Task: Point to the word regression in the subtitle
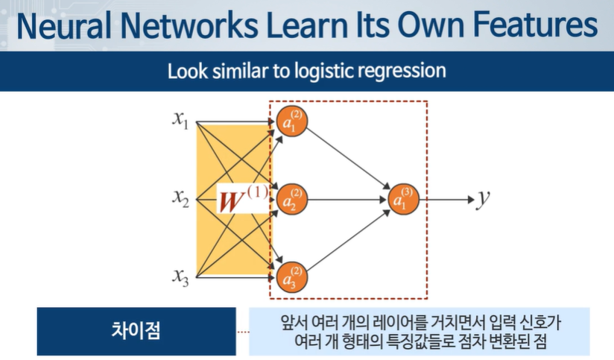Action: [404, 72]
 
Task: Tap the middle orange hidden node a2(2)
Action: [291, 199]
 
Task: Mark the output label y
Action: [484, 198]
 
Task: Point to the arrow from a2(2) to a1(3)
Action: [347, 199]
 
